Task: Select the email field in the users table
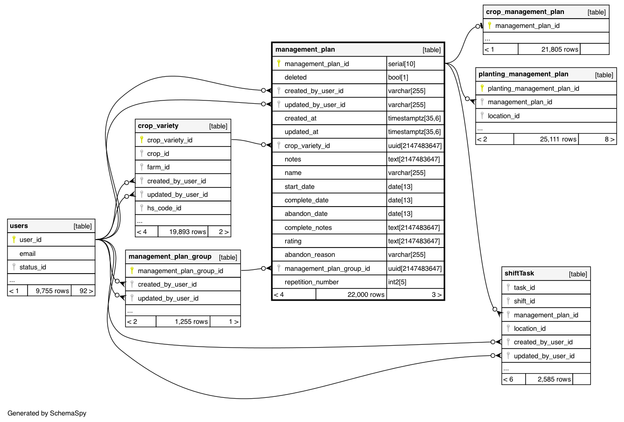click(x=27, y=254)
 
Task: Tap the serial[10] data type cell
click(x=402, y=64)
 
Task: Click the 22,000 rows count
click(x=366, y=295)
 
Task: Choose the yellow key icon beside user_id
click(x=14, y=240)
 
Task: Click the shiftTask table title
click(x=519, y=274)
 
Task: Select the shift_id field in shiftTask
click(x=524, y=301)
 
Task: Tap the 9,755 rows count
click(x=52, y=291)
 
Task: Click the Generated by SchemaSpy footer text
click(x=47, y=413)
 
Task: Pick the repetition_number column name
click(x=311, y=282)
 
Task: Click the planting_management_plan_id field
click(x=533, y=88)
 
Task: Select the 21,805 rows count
click(x=560, y=49)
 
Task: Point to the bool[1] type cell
click(x=398, y=77)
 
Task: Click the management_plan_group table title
click(x=170, y=257)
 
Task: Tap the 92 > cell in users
click(x=86, y=291)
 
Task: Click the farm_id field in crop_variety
click(x=158, y=167)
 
